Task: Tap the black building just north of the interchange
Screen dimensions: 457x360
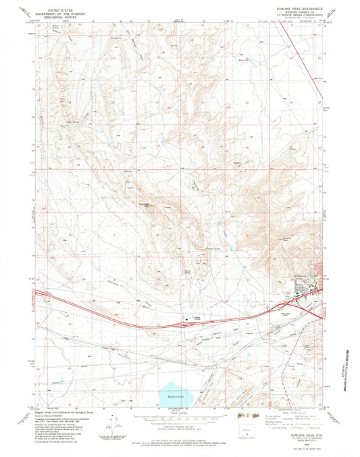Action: [x=185, y=314]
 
